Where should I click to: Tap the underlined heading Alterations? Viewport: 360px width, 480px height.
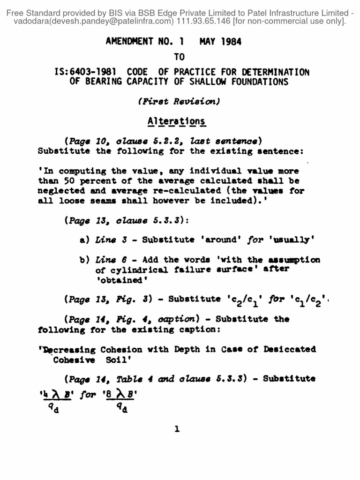(176, 121)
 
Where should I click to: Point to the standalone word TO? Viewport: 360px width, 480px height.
(179, 57)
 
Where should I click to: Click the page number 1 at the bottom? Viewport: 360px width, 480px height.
(177, 428)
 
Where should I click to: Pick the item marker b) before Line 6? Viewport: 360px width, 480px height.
(85, 259)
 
